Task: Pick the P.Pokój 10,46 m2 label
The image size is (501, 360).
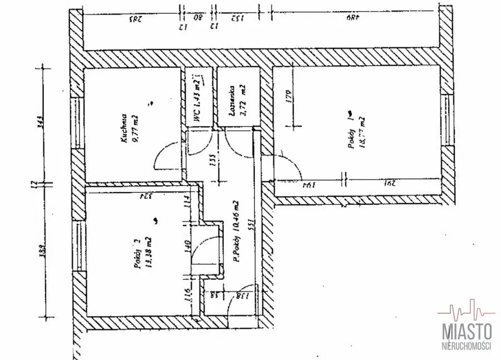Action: pyautogui.click(x=237, y=231)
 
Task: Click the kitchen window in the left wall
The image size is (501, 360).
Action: pyautogui.click(x=76, y=124)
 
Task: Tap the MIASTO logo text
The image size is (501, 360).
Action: pyautogui.click(x=466, y=332)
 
